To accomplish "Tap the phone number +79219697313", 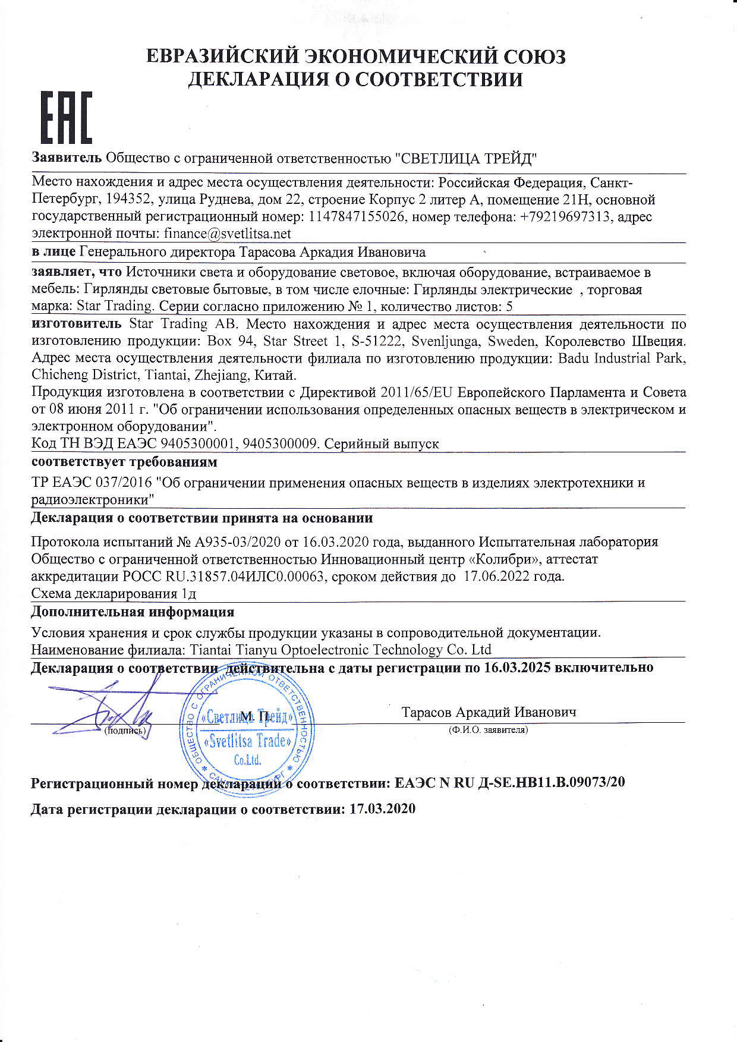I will coord(565,216).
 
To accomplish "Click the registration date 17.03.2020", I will coord(382,809).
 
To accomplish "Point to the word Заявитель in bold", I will coord(67,158).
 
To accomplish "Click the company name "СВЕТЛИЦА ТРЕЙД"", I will coord(466,158).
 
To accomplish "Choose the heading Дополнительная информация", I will coord(133,611).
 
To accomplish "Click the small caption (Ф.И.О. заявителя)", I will coord(487,729).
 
